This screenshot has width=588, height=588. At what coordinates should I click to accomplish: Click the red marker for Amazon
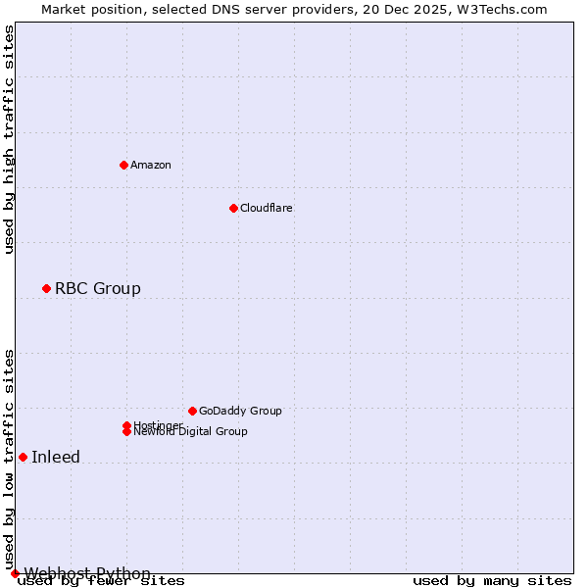coord(123,165)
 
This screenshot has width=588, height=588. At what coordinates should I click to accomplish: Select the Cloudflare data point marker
coord(233,208)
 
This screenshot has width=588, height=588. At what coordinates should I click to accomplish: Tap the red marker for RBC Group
coord(46,288)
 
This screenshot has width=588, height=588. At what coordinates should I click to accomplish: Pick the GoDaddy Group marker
coord(192,411)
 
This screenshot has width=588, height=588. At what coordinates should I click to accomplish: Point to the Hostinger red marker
coord(126,425)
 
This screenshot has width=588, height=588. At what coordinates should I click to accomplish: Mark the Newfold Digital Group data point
coord(126,432)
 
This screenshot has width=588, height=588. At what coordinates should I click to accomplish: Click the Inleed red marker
coord(23,457)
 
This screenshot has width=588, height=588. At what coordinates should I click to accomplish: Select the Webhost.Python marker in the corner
coord(15,573)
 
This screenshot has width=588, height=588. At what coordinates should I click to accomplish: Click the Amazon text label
coord(151,165)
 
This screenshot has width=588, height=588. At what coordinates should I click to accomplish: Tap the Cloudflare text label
coord(267,208)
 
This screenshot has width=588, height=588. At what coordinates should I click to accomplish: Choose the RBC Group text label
coord(98,288)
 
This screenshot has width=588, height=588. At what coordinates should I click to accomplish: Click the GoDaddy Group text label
coord(240,411)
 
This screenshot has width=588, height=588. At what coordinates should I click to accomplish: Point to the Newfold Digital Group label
coord(190,432)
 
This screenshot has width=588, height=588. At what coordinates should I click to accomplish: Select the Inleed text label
coord(56,457)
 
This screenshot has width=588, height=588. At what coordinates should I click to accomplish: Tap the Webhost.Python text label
coord(87,573)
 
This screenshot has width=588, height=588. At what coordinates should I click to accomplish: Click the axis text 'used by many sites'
coord(492,581)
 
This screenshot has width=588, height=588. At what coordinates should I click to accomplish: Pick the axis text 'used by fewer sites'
coord(101,581)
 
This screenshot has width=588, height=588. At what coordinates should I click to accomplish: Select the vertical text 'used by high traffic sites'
coord(10,139)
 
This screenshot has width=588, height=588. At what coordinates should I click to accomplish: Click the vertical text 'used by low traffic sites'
coord(10,459)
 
